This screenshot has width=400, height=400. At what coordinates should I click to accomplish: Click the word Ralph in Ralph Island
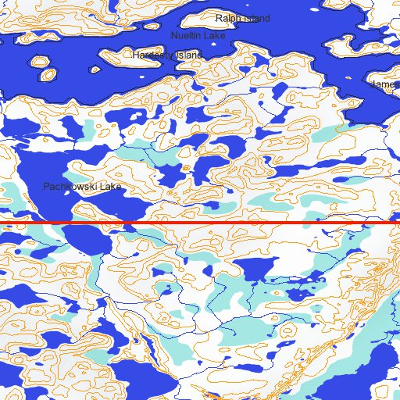[229, 18]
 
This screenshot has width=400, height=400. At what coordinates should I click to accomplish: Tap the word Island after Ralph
[255, 18]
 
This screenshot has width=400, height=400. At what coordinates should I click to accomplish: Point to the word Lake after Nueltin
[213, 36]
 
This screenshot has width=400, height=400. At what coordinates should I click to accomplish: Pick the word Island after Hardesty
[187, 55]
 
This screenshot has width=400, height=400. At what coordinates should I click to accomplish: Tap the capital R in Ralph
[219, 18]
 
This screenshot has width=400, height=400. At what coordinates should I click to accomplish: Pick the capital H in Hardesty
[136, 55]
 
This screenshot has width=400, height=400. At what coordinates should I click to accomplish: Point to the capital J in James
[376, 84]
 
